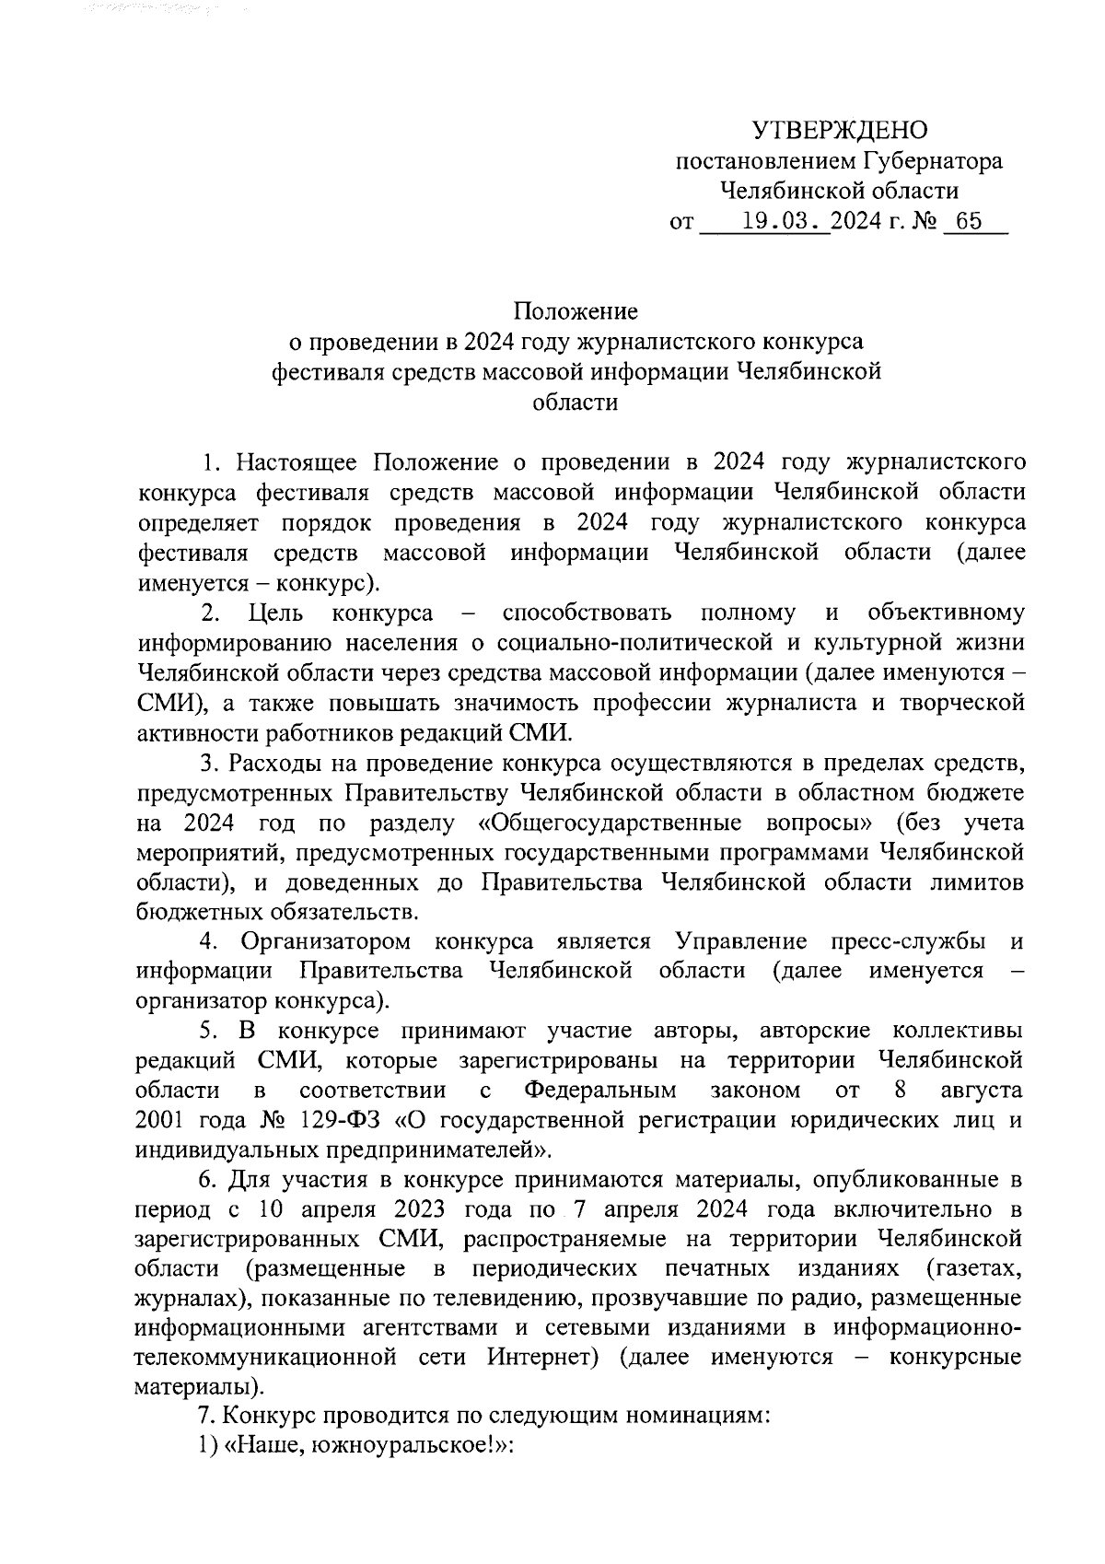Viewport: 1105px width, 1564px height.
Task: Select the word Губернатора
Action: coord(932,161)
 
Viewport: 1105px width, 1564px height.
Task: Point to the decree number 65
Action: coord(970,222)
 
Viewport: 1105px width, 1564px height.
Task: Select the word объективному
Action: coord(946,613)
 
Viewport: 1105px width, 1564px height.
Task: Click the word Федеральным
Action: coord(601,1091)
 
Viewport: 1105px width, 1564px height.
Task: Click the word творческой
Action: coord(954,703)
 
